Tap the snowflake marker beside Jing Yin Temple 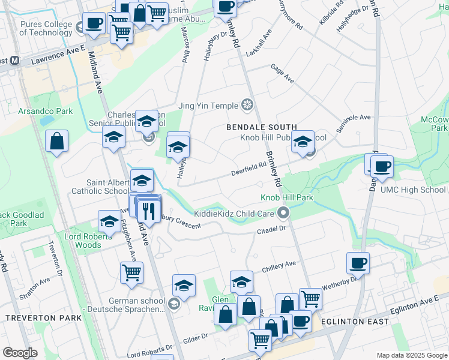[247, 106]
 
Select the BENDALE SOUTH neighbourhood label [261, 127]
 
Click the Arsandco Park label [45, 111]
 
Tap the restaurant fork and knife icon [146, 211]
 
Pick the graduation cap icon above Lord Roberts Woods [109, 221]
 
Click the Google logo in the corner [20, 353]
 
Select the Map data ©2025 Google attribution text [412, 355]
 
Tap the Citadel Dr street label [273, 228]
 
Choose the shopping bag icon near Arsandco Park [56, 142]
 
